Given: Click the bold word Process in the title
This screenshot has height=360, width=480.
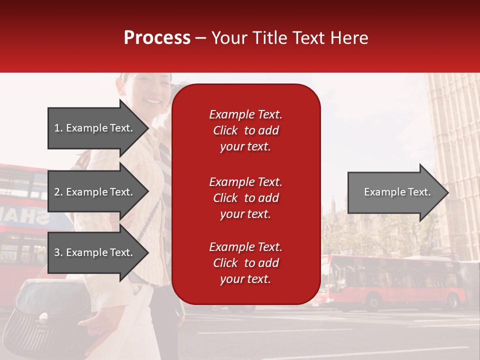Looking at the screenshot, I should (x=157, y=38).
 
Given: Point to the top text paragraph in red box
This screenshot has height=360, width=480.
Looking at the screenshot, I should (x=245, y=130).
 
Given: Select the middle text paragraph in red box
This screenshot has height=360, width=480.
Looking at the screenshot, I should (x=245, y=198).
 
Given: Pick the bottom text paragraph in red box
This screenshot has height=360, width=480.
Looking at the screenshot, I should (x=245, y=263).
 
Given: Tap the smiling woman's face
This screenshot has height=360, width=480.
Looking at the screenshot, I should (x=150, y=95).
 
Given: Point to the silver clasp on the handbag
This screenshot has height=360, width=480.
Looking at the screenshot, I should (x=44, y=316).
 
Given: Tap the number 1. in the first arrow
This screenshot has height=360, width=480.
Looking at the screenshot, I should (x=58, y=128).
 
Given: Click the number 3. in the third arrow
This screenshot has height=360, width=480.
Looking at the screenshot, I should (x=58, y=252).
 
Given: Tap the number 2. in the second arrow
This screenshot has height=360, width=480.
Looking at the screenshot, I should (x=58, y=192).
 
